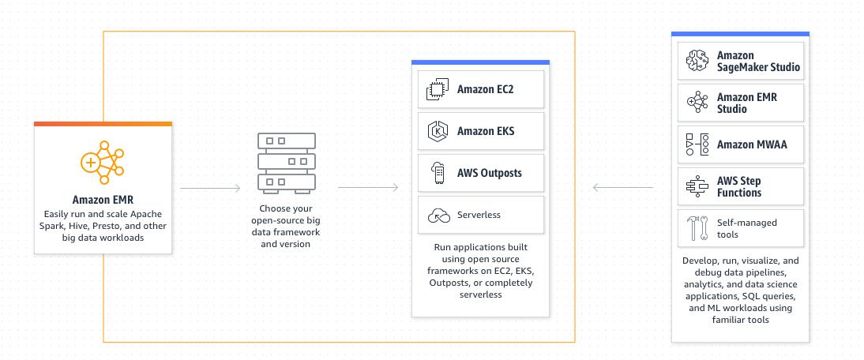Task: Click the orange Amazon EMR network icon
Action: point(103,163)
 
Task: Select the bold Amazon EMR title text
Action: point(103,200)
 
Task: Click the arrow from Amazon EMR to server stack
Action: point(210,188)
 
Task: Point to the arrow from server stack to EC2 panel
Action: point(368,188)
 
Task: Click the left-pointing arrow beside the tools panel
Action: point(622,188)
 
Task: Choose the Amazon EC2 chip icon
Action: point(438,89)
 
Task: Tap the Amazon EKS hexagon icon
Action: point(438,131)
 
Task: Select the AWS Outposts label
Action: point(489,173)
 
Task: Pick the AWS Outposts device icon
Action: point(438,173)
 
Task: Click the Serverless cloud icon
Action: point(438,216)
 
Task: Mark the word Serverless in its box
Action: point(479,215)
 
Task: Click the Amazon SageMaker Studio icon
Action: point(697,61)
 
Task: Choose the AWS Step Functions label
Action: point(739,186)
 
